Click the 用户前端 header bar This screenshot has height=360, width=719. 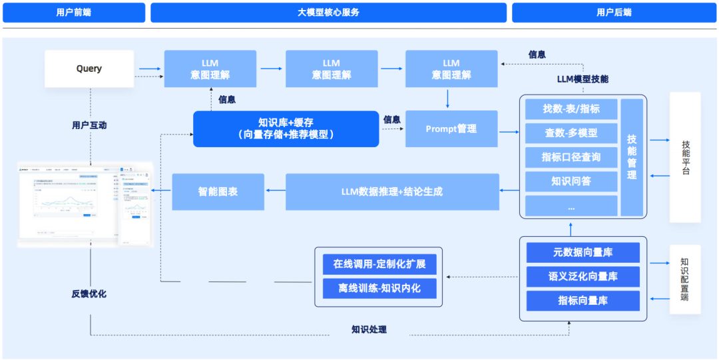[74, 13]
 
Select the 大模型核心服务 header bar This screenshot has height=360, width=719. [328, 13]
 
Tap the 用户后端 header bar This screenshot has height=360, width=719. [614, 13]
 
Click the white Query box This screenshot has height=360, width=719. [89, 69]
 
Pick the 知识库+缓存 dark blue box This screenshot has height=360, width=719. [286, 128]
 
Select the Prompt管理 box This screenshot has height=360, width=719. [451, 128]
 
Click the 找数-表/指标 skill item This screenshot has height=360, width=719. [571, 109]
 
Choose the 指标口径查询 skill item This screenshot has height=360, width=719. [571, 157]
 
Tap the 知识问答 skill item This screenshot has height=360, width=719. [571, 181]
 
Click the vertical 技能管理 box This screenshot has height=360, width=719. [632, 157]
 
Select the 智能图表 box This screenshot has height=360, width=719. [218, 192]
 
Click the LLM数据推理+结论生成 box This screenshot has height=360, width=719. [392, 192]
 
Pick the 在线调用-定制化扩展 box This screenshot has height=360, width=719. [379, 264]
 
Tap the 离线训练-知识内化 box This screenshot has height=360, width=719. [379, 288]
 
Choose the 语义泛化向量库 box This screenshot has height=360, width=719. [583, 276]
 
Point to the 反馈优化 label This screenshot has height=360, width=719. [89, 293]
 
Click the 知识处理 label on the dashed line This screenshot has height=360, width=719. [369, 329]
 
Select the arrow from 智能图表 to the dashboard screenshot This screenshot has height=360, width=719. [161, 192]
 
